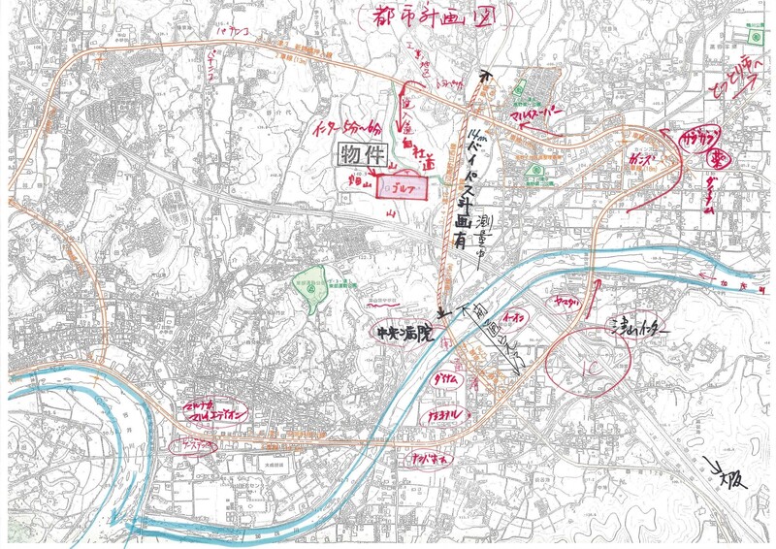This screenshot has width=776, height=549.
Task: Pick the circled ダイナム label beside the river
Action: click(x=443, y=377)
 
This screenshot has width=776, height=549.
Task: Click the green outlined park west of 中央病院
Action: click(x=309, y=288)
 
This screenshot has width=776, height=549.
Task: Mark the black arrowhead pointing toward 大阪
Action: click(x=715, y=468)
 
